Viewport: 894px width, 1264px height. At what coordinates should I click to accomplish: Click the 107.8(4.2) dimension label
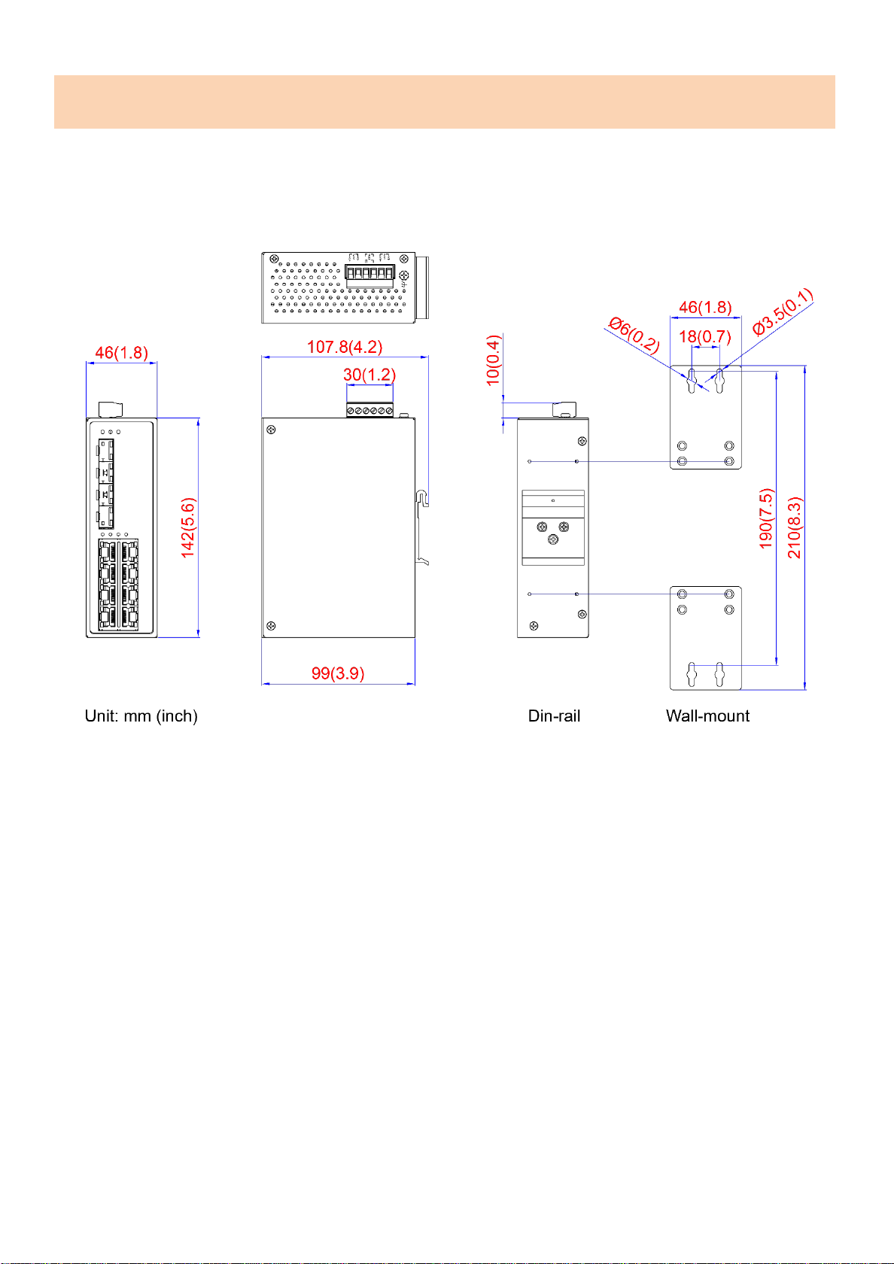[x=345, y=346]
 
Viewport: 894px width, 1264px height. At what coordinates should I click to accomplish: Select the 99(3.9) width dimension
[x=337, y=673]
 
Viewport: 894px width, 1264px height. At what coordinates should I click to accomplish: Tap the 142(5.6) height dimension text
[x=188, y=527]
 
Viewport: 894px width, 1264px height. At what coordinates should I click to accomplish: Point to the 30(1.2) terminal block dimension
[x=369, y=375]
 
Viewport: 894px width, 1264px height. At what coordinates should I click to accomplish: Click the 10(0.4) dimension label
[x=494, y=360]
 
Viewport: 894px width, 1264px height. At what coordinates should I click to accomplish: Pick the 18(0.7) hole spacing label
[x=705, y=337]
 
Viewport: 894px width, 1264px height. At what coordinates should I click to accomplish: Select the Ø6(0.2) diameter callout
[x=634, y=335]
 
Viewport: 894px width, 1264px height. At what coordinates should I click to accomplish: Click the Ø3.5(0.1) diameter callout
[x=783, y=312]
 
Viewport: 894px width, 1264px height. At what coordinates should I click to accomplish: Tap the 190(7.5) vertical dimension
[x=766, y=518]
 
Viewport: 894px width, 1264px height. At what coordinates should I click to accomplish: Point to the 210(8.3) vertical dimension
[x=794, y=527]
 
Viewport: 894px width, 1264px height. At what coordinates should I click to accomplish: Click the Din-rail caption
[x=554, y=716]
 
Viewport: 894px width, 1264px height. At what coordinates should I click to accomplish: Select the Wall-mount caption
[x=707, y=716]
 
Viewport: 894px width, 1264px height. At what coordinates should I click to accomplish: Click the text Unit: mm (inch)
[x=141, y=716]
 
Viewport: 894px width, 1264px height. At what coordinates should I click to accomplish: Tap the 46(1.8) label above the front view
[x=121, y=353]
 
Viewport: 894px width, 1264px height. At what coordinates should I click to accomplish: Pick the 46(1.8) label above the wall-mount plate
[x=705, y=307]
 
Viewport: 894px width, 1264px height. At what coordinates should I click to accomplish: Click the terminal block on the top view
[x=369, y=272]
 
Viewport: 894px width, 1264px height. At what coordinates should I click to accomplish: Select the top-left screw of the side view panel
[x=271, y=430]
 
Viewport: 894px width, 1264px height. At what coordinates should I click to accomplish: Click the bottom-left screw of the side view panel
[x=271, y=626]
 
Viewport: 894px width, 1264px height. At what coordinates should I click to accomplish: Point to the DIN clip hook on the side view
[x=422, y=499]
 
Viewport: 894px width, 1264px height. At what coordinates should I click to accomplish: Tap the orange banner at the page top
[x=445, y=102]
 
